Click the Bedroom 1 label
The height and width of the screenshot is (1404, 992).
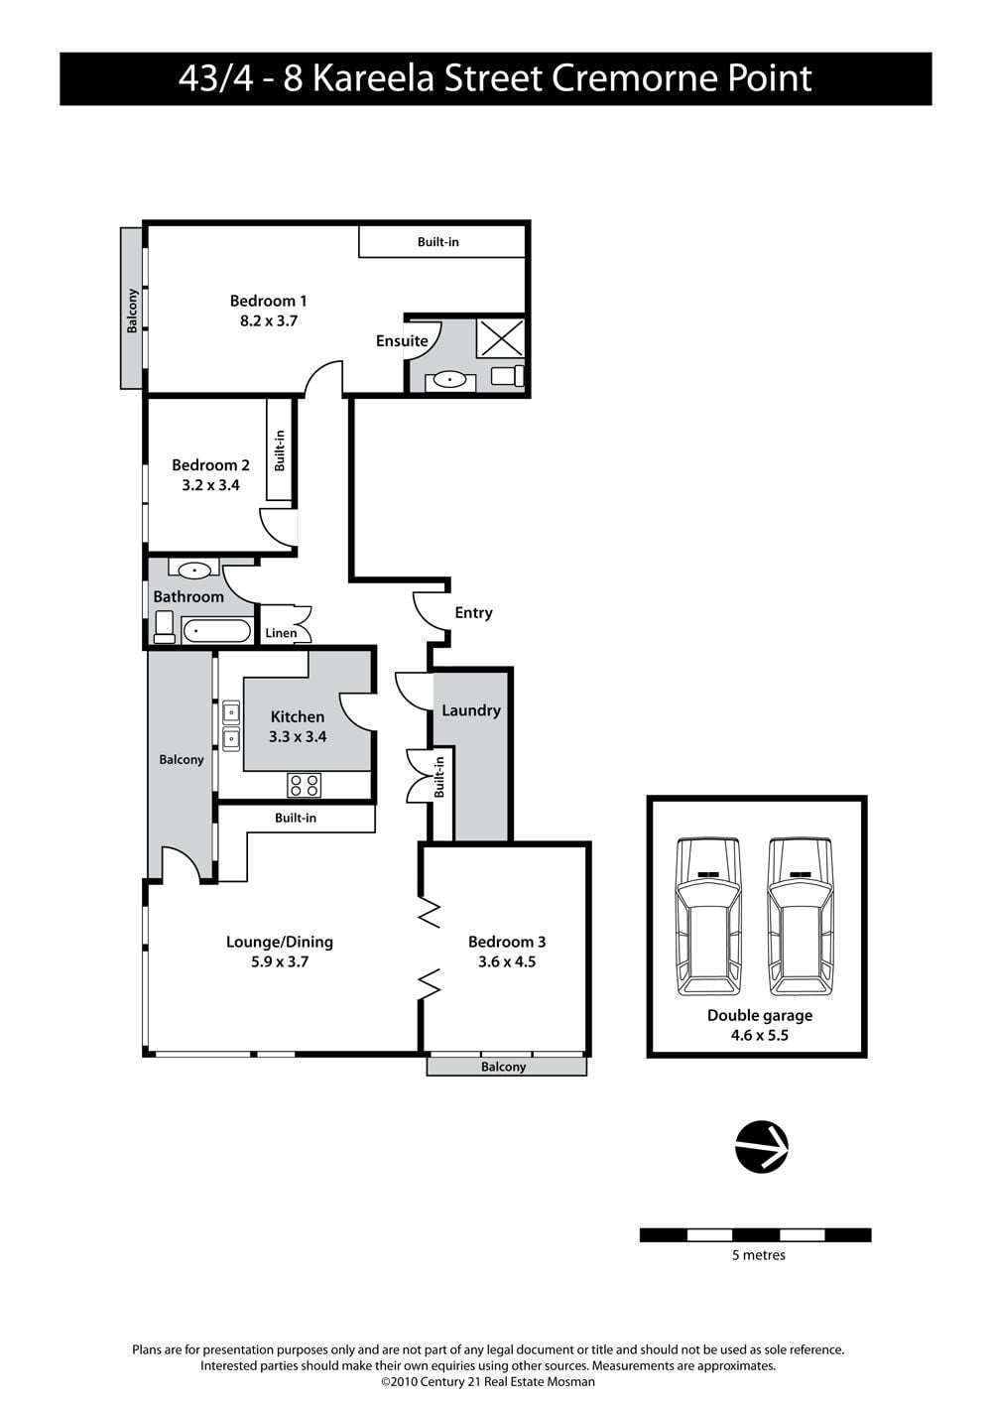point(268,301)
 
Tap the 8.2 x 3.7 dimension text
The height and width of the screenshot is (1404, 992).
point(268,320)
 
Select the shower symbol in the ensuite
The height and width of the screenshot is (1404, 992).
point(500,338)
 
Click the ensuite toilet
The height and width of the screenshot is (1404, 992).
point(507,376)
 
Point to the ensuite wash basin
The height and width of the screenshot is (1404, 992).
point(449,380)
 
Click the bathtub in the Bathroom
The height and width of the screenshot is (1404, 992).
point(217,630)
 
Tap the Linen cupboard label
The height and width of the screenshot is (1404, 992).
point(281,633)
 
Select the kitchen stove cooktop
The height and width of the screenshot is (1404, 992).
point(304,785)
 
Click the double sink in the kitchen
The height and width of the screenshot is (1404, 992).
point(231,725)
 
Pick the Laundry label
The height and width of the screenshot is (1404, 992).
point(471,710)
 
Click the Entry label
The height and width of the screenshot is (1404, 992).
point(474,612)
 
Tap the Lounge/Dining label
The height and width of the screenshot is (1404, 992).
point(280,942)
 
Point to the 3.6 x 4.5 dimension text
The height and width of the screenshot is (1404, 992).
point(507,961)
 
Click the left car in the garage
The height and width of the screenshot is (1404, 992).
point(708,917)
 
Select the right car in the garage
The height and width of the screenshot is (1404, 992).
point(801,917)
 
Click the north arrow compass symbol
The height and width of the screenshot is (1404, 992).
point(761,1146)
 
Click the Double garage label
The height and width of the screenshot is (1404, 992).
point(760,1015)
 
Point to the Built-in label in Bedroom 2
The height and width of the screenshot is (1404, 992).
point(280,450)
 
